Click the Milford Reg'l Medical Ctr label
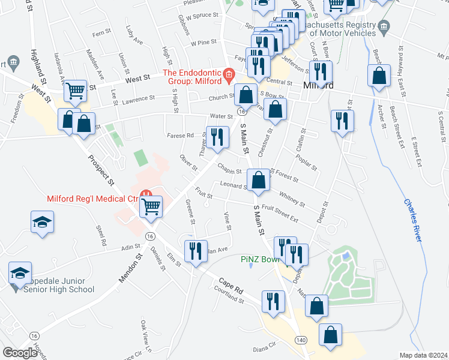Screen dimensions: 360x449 [92, 199]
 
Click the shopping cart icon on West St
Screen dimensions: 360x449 [75, 91]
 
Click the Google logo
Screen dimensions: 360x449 [20, 352]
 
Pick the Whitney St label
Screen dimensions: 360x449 [292, 199]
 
